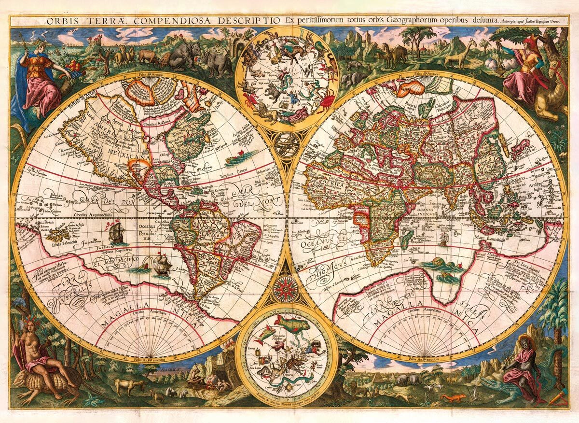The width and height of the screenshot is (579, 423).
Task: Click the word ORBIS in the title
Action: click(60, 21)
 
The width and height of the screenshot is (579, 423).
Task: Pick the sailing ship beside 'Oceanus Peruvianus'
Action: click(116, 233)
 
